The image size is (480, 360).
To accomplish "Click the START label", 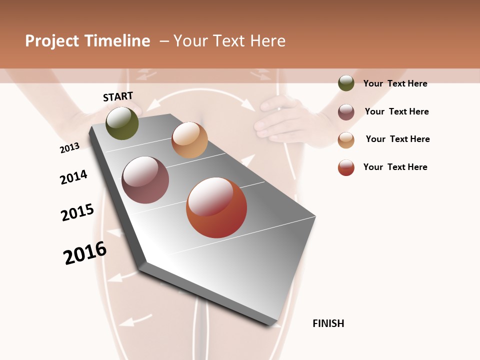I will pyautogui.click(x=118, y=96).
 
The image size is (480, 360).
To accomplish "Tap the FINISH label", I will pyautogui.click(x=328, y=323).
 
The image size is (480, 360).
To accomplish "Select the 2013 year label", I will pyautogui.click(x=70, y=147).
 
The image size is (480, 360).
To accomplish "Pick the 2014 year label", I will pyautogui.click(x=73, y=177).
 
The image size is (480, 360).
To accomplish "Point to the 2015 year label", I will pyautogui.click(x=77, y=212).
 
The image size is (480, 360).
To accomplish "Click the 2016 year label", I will pyautogui.click(x=85, y=253).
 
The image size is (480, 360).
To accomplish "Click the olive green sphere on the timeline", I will pyautogui.click(x=122, y=123).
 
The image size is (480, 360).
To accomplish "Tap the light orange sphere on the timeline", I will pyautogui.click(x=189, y=140).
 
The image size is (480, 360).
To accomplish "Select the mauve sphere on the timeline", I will pyautogui.click(x=145, y=180).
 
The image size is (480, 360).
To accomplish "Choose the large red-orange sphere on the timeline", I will pyautogui.click(x=216, y=207).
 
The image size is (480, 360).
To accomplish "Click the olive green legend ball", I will pyautogui.click(x=346, y=83).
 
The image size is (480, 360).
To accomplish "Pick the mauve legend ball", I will pyautogui.click(x=346, y=112).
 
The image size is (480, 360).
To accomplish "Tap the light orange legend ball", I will pyautogui.click(x=346, y=140).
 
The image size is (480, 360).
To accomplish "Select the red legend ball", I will pyautogui.click(x=346, y=168).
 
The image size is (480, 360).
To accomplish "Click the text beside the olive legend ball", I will pyautogui.click(x=395, y=83).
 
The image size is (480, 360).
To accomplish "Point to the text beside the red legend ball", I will pyautogui.click(x=395, y=167).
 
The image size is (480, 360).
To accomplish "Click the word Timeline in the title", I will pyautogui.click(x=117, y=41).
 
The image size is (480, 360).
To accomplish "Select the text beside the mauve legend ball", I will pyautogui.click(x=396, y=111).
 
